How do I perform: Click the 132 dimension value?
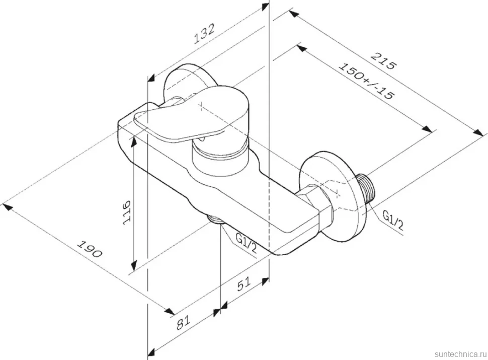(x=204, y=33)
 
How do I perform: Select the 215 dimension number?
(x=384, y=61)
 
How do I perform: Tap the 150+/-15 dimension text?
(x=366, y=81)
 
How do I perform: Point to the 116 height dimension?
(x=127, y=212)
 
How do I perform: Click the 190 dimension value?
(x=90, y=249)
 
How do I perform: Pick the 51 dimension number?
(x=243, y=284)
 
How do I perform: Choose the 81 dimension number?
(x=183, y=323)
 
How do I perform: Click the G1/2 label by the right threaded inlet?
(x=393, y=220)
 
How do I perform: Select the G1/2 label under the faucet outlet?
(x=246, y=243)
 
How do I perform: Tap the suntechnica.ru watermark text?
(x=460, y=354)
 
